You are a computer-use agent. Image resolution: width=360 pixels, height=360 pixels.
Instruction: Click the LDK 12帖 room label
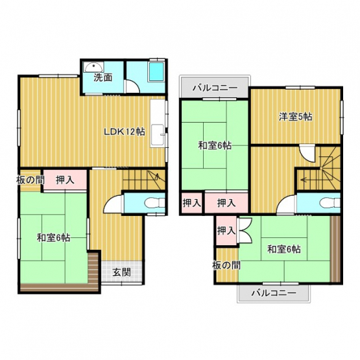(125, 132)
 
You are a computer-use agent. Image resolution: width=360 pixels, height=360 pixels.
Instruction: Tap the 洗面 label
(102, 78)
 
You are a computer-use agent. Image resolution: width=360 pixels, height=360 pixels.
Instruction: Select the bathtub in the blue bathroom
(156, 71)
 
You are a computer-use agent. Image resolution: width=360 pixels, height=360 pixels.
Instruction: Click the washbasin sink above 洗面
(93, 67)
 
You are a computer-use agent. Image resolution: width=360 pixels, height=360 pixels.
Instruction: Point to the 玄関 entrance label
(121, 272)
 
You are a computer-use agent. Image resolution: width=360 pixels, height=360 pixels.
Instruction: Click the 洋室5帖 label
(296, 117)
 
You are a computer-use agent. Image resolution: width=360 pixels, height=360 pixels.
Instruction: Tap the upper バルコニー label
(215, 88)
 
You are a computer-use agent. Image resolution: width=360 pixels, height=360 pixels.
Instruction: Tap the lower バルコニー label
(274, 293)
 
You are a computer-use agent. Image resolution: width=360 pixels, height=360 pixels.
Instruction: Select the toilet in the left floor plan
(154, 202)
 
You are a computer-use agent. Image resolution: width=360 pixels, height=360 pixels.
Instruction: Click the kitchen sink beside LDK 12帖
(157, 135)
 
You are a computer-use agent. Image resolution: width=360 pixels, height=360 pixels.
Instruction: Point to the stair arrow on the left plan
(157, 176)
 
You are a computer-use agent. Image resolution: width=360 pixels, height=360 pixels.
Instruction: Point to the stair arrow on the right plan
(306, 180)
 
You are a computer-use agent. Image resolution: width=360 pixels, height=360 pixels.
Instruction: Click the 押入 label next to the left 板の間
(66, 180)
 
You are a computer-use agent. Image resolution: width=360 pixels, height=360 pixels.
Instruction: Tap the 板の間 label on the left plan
(30, 180)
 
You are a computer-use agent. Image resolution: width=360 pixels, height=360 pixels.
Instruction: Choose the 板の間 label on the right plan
(226, 265)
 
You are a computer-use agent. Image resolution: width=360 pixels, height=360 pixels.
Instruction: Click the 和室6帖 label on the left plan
(53, 238)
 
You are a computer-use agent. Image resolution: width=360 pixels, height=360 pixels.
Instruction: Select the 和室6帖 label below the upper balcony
(215, 145)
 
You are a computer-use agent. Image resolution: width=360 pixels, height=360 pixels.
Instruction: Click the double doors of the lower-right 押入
(245, 230)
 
